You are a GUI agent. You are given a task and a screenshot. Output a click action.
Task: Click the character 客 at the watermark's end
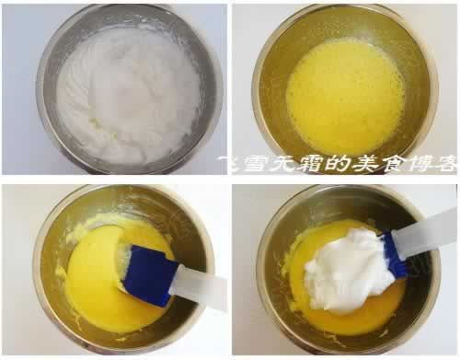tap(446, 165)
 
